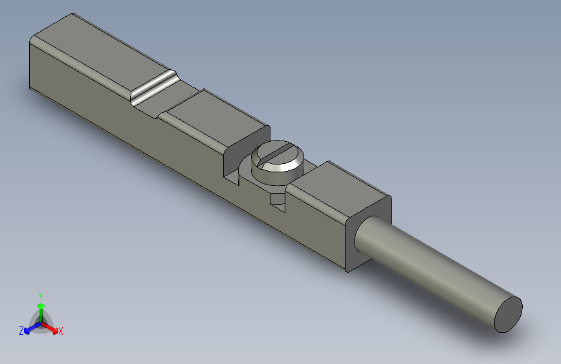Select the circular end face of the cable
[509, 314]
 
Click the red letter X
[61, 332]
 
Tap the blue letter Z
[21, 331]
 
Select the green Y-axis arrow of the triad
[41, 308]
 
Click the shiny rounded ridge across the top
[154, 87]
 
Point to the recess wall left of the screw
[230, 162]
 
